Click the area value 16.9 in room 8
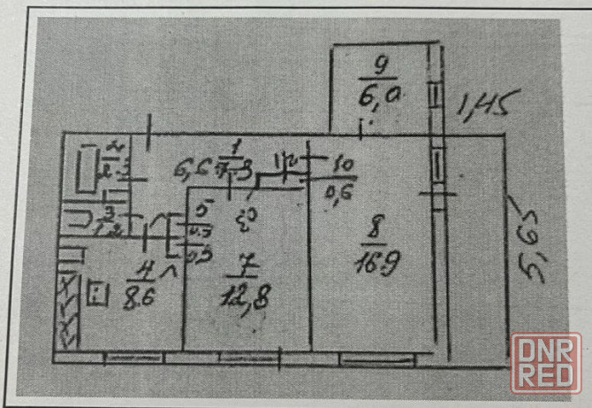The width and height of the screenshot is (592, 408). [370, 264]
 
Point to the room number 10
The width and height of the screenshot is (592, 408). [342, 164]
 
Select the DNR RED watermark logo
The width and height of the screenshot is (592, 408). [545, 360]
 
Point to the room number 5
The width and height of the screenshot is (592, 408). [201, 212]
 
